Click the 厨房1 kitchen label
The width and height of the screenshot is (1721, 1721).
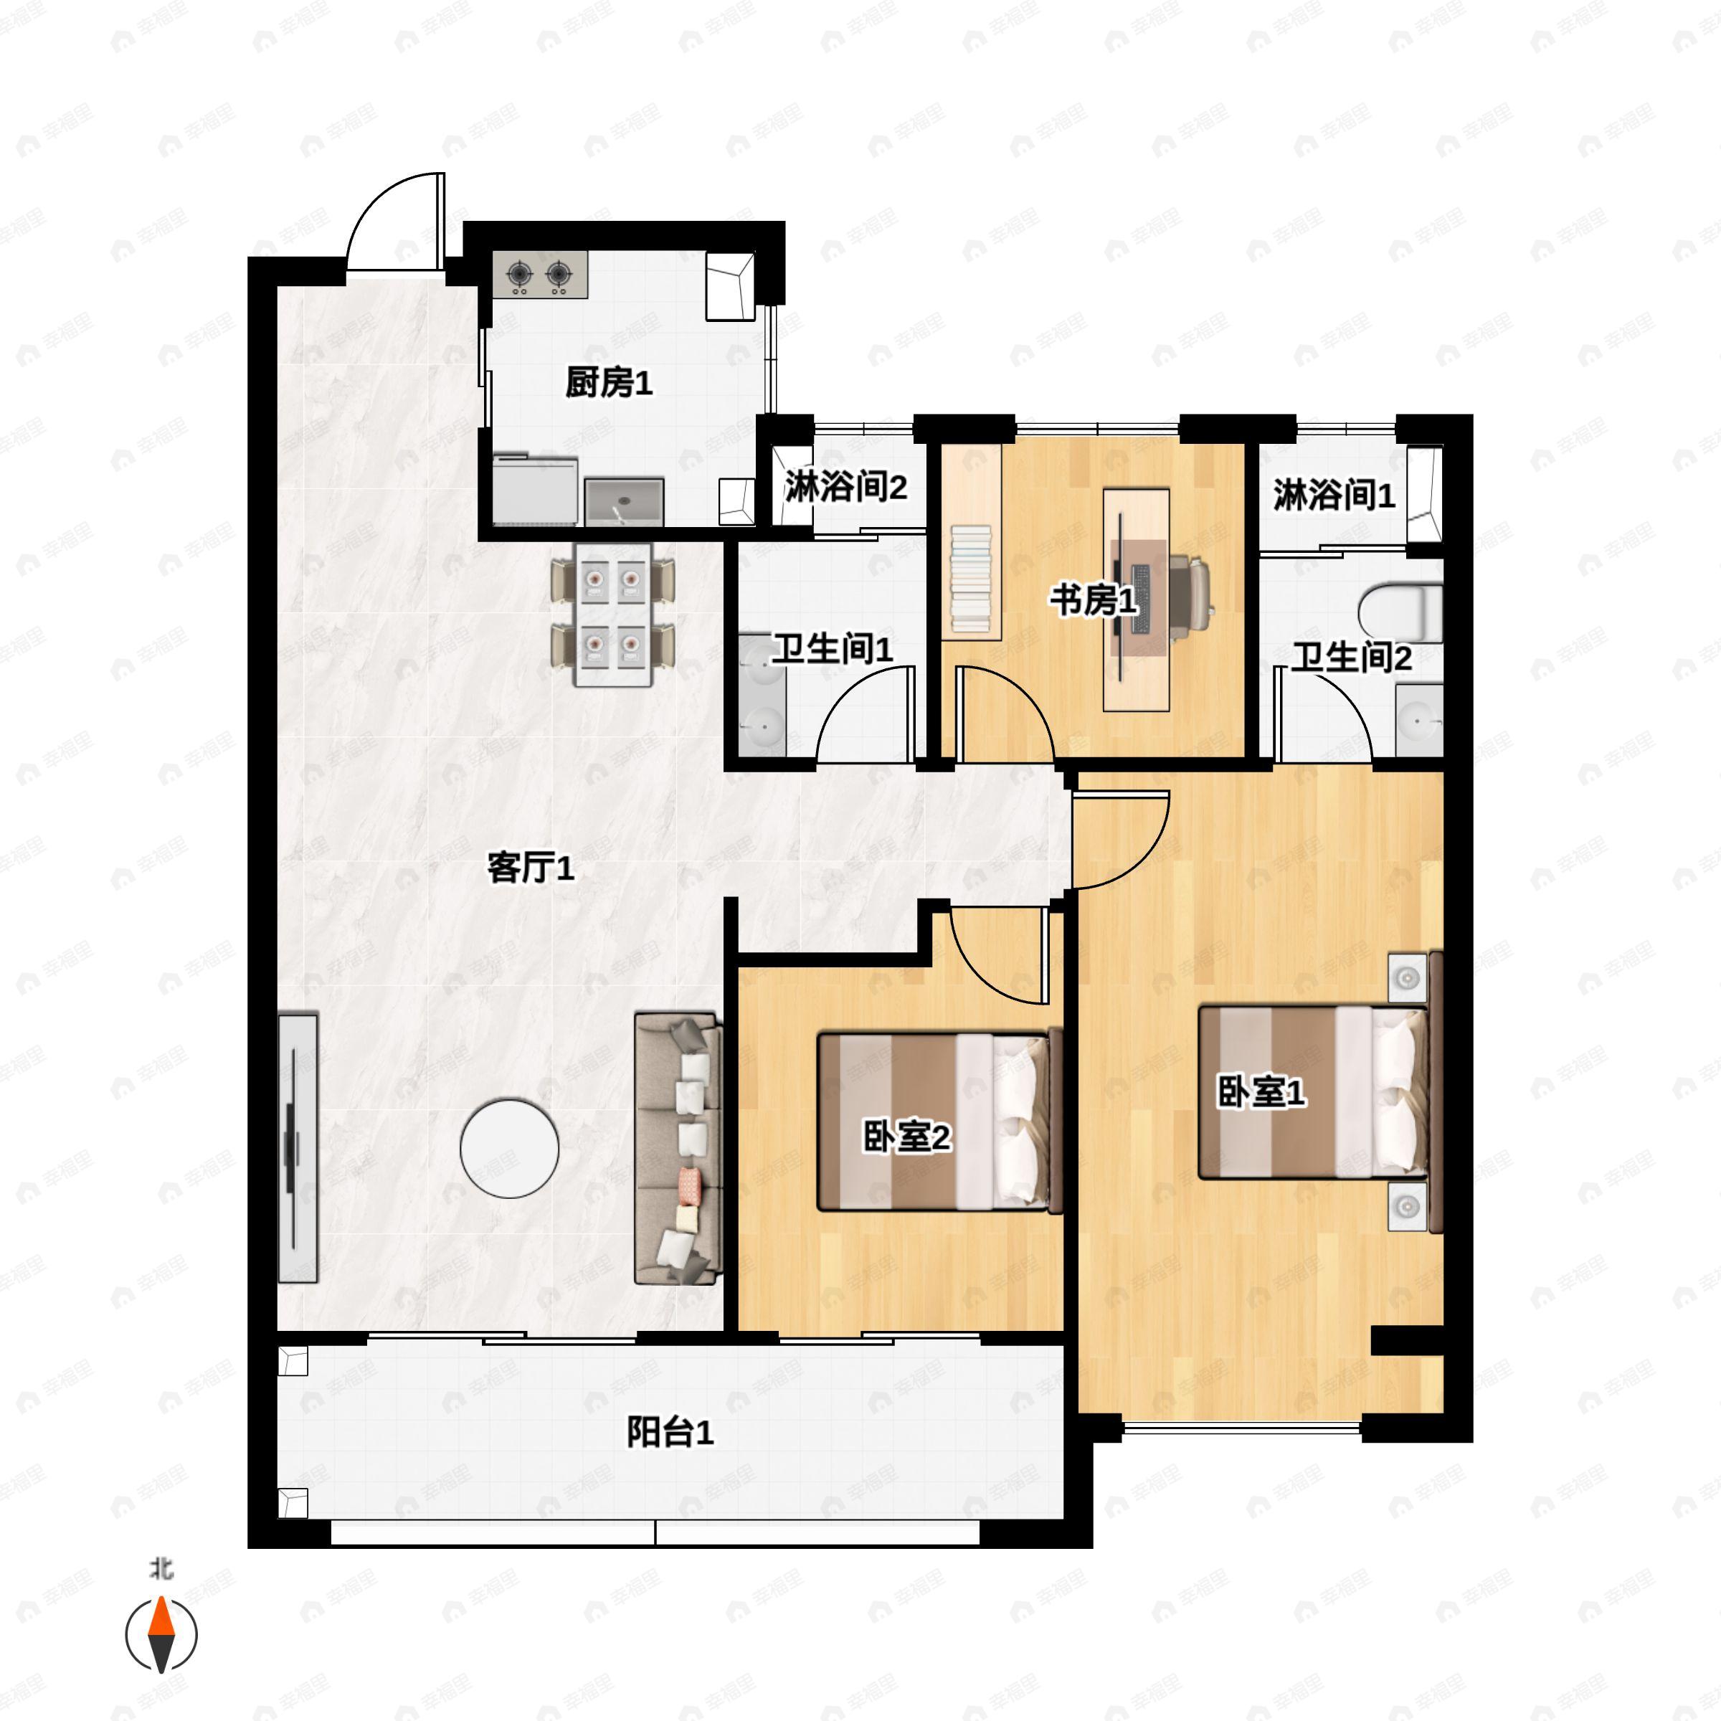coord(610,383)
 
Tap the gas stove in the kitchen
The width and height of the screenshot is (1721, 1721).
coord(540,275)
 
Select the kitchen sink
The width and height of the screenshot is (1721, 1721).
coord(625,501)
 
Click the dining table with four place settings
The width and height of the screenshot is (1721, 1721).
coord(613,615)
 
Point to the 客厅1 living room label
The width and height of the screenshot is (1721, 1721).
coord(531,867)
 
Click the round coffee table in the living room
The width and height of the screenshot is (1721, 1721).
coord(510,1148)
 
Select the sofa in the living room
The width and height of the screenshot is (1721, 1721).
coord(677,1148)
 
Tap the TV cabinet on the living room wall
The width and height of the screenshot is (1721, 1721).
coord(298,1148)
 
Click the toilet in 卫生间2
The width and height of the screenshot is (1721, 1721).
coord(1400,613)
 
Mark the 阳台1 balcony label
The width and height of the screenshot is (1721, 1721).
coord(670,1433)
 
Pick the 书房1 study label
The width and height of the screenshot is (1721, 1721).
coord(1094,600)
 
